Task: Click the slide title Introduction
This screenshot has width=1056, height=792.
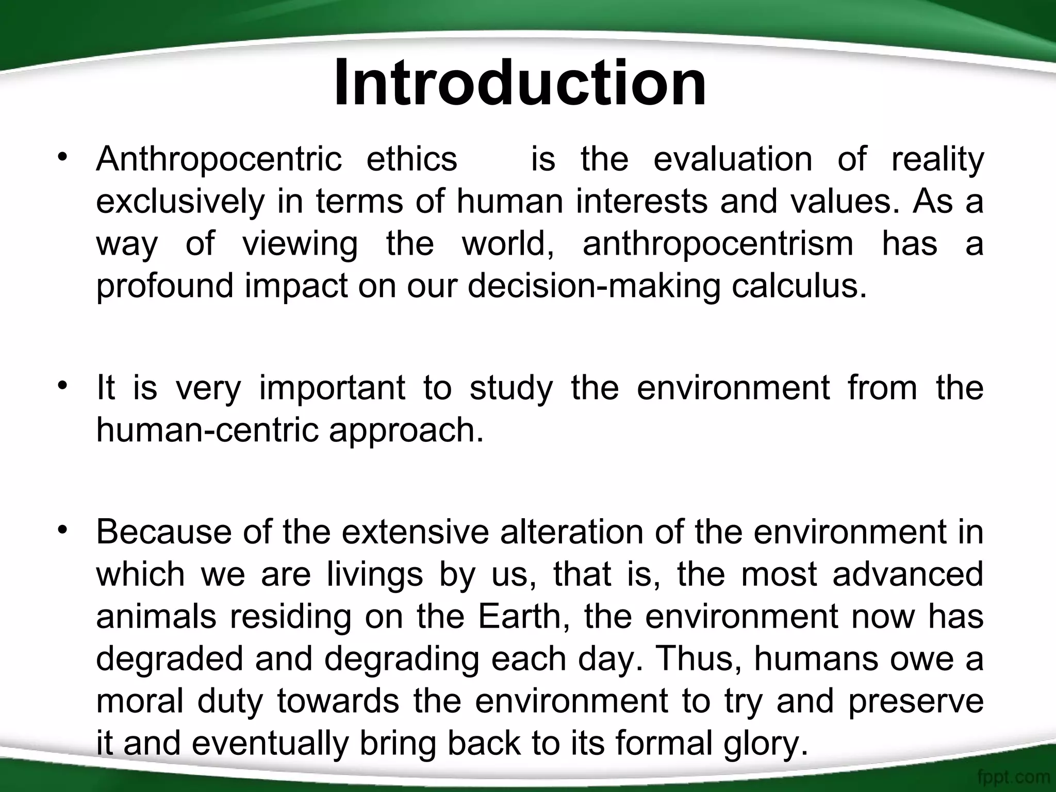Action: [520, 84]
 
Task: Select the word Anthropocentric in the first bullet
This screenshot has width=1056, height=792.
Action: [219, 159]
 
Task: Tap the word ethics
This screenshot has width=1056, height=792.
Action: [411, 159]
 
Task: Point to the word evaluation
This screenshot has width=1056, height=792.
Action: [733, 159]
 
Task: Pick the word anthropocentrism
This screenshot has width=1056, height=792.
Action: [718, 243]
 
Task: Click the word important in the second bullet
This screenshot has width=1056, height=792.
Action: [332, 388]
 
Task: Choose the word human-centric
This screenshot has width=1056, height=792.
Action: [207, 430]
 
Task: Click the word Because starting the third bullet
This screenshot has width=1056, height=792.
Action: [163, 532]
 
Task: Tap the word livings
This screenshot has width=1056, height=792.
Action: [375, 574]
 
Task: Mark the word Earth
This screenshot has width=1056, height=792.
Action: [524, 617]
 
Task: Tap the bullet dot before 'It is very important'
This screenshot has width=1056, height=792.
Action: [63, 386]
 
